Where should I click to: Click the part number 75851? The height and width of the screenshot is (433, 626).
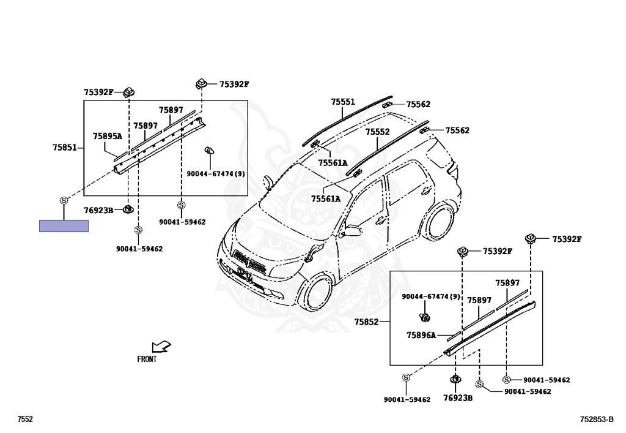pyautogui.click(x=64, y=148)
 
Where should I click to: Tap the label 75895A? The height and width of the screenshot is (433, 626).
pyautogui.click(x=107, y=136)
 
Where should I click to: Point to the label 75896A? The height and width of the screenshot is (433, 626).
pyautogui.click(x=421, y=335)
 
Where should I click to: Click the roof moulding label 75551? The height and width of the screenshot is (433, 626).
pyautogui.click(x=343, y=102)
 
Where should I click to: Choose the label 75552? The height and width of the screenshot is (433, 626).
pyautogui.click(x=377, y=132)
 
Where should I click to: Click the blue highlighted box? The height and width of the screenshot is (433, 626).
pyautogui.click(x=64, y=225)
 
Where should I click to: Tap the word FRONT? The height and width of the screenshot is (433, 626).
pyautogui.click(x=147, y=360)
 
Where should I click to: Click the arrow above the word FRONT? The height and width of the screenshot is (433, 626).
pyautogui.click(x=161, y=347)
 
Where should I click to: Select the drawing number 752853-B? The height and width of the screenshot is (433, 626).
pyautogui.click(x=597, y=419)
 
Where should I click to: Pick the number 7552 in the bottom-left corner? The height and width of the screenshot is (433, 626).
pyautogui.click(x=25, y=419)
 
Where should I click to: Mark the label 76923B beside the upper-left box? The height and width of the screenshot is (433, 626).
pyautogui.click(x=98, y=210)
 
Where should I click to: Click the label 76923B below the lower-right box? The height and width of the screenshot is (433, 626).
pyautogui.click(x=458, y=397)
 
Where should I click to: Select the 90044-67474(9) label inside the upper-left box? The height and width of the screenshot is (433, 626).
pyautogui.click(x=216, y=174)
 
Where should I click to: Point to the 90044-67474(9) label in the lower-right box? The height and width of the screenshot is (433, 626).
pyautogui.click(x=431, y=297)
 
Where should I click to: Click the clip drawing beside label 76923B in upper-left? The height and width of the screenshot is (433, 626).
pyautogui.click(x=128, y=209)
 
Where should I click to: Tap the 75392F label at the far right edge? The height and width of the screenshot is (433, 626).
pyautogui.click(x=567, y=239)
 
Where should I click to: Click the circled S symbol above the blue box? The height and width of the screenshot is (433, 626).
pyautogui.click(x=64, y=200)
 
